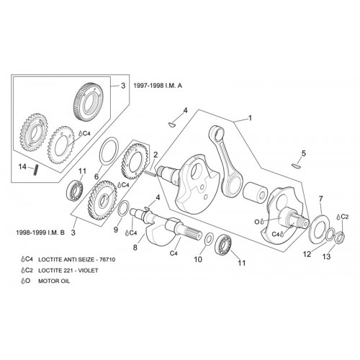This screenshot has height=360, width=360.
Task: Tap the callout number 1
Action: pyautogui.click(x=250, y=118)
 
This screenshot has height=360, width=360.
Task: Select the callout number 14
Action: pyautogui.click(x=22, y=166)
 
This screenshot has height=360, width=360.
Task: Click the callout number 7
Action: pyautogui.click(x=321, y=199)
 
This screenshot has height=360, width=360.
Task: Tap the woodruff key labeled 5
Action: pyautogui.click(x=297, y=166)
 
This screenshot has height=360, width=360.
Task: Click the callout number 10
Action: pyautogui.click(x=198, y=259)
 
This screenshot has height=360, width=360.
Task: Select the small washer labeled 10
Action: pyautogui.click(x=209, y=238)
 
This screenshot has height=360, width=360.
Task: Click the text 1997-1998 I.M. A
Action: pyautogui.click(x=158, y=86)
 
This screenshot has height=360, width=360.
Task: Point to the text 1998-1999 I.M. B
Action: pyautogui.click(x=40, y=233)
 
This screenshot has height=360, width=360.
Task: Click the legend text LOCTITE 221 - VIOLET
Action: pyautogui.click(x=68, y=271)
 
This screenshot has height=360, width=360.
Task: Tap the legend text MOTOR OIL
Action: pyautogui.click(x=54, y=281)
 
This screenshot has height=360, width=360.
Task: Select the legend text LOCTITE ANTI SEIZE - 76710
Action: pyautogui.click(x=77, y=259)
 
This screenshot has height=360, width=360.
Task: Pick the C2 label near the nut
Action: pyautogui.click(x=344, y=217)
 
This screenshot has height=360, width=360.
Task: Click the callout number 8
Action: pyautogui.click(x=135, y=248)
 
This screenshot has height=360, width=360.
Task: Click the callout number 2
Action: pyautogui.click(x=156, y=155)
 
